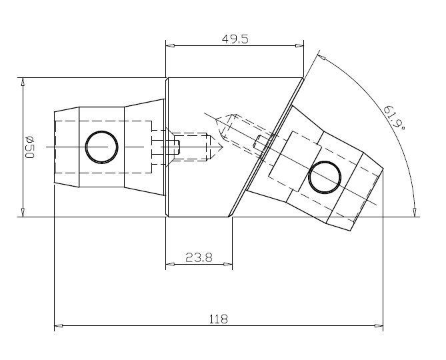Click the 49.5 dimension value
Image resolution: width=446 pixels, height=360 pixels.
click(235, 39)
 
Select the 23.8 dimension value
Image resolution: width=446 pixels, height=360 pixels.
click(199, 257)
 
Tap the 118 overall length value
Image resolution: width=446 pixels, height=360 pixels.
click(219, 319)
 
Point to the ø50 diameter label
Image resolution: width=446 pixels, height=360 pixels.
click(29, 147)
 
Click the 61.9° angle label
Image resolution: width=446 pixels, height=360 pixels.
click(394, 117)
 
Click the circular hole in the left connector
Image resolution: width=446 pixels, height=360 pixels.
click(101, 147)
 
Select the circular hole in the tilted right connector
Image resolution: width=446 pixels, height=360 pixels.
click(325, 177)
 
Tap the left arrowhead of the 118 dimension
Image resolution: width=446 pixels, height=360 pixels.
click(58, 325)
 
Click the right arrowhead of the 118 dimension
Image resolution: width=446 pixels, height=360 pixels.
click(379, 325)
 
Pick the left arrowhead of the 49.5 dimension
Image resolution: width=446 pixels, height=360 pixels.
click(170, 45)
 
